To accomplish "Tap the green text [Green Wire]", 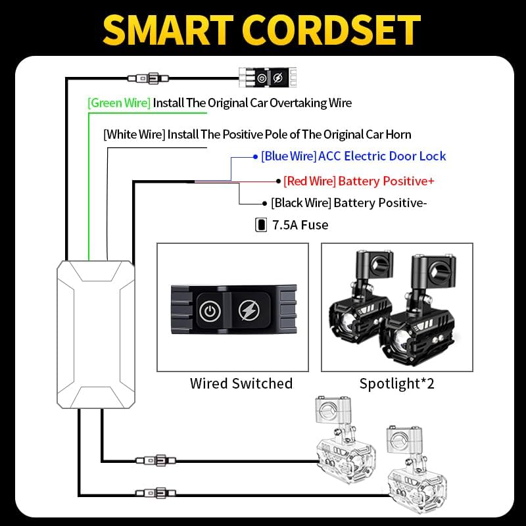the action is pos(119,103).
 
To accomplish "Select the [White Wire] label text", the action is pos(134,135).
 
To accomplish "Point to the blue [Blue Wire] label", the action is pos(289,156).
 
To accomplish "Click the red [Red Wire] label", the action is pos(309,181).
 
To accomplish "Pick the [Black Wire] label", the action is pos(301,203).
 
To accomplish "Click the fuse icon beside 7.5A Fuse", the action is pos(261,225).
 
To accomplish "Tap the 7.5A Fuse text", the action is pos(300,225).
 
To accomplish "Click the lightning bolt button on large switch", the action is pos(249,310).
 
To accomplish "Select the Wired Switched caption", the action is pos(241,383).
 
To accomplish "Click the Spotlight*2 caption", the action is pos(397,383).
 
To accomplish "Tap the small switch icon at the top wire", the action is pos(268,78).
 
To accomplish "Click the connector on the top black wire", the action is pos(148,79).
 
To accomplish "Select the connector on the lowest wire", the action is pos(155,492).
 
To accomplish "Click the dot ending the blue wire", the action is pos(255,156).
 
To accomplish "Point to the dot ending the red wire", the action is pos(278,181).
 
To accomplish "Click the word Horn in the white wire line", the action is pos(398,135).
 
